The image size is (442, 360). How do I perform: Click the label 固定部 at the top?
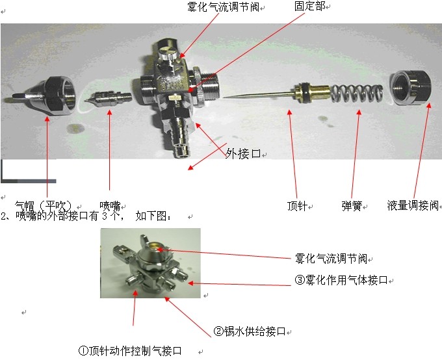309,6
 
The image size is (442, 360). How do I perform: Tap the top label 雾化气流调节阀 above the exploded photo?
223,7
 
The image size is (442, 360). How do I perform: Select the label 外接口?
243,153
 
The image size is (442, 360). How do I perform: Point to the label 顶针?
297,206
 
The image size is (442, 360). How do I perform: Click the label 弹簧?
352,206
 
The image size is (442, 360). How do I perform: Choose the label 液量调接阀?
413,205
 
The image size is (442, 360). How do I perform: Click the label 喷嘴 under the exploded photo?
110,206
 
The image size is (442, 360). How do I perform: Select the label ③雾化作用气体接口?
341,280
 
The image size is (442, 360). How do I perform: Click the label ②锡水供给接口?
250,331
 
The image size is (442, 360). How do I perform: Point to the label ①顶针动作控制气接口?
130,351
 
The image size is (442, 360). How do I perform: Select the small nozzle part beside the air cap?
109,98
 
